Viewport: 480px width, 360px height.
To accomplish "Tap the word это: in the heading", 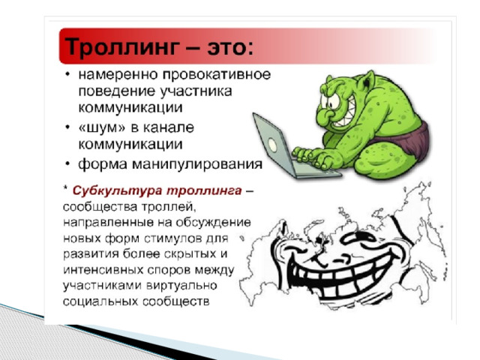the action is click(x=230, y=47).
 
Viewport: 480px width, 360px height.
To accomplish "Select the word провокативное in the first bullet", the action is click(x=217, y=75).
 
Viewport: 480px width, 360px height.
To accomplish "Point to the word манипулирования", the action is click(x=197, y=165).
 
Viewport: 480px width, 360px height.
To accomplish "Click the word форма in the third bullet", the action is click(x=102, y=164).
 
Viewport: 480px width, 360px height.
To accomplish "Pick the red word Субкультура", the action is click(x=117, y=191).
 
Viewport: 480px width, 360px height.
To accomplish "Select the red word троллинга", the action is click(x=204, y=191).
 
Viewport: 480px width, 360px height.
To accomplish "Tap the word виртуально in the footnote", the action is click(x=181, y=285).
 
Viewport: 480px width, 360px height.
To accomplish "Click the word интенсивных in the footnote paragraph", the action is click(x=103, y=270).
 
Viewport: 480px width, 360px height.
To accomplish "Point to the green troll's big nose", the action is click(x=325, y=115).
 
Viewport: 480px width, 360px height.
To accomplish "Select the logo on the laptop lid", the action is click(x=272, y=145).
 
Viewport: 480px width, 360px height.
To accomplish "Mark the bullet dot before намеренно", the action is click(x=67, y=75).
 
